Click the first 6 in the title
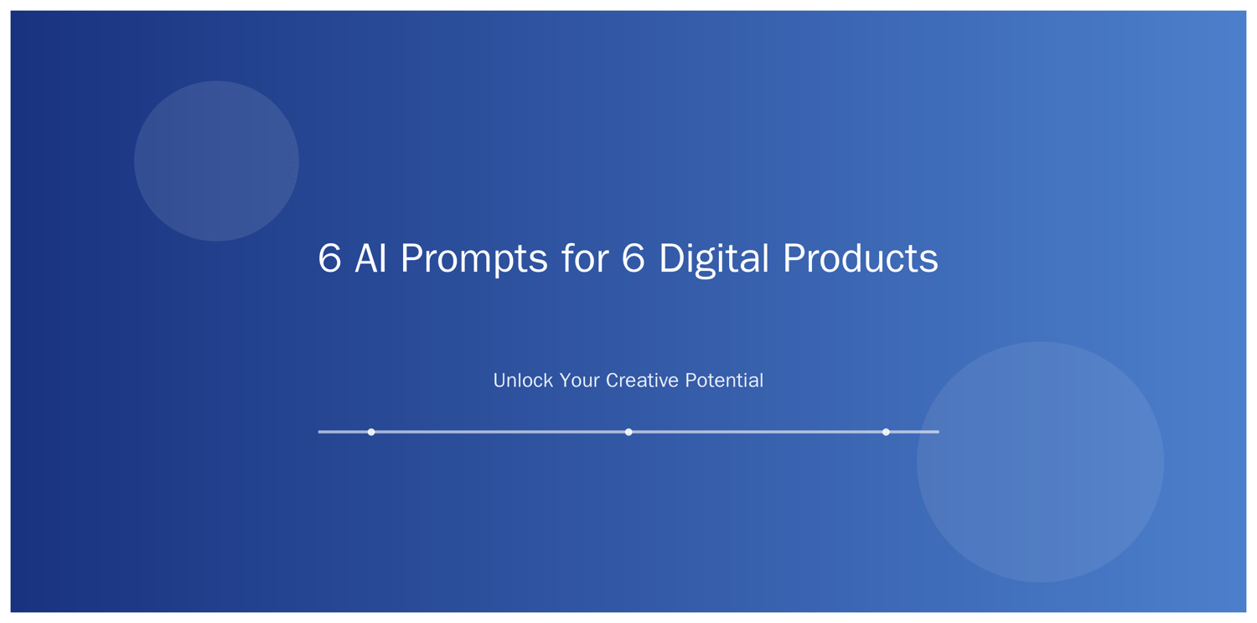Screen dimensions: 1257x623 329,258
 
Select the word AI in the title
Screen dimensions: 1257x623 371,258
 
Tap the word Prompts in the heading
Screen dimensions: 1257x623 473,261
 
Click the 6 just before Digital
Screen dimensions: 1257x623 633,258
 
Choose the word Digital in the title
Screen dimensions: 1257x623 713,259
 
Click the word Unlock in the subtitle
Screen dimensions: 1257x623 523,381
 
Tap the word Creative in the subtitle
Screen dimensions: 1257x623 643,381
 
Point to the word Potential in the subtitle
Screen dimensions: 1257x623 724,381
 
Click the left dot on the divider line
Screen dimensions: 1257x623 371,432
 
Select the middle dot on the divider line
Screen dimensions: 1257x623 628,432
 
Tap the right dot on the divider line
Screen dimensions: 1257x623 886,432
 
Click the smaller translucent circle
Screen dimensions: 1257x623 216,161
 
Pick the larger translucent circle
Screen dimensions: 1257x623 1040,461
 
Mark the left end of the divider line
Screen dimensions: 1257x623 318,432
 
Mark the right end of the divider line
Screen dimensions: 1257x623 939,432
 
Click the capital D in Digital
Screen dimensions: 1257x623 672,258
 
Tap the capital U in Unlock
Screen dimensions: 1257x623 500,381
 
